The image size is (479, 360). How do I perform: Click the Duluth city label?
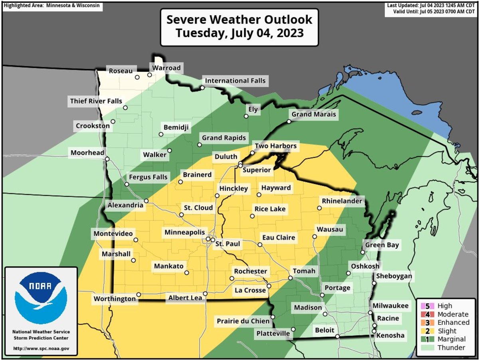226,157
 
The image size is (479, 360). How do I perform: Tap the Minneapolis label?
185,232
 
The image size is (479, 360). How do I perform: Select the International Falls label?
235,81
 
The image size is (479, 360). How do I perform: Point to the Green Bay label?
382,245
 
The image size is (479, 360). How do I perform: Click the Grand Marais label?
314,115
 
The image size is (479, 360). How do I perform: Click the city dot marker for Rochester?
232,278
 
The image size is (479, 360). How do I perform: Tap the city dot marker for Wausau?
315,237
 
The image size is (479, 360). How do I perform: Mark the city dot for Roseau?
137,77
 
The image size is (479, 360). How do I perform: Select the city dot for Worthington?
139,295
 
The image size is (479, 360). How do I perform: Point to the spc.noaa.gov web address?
41,348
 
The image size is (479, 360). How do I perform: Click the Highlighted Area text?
51,6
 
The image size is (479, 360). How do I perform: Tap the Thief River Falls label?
96,101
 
